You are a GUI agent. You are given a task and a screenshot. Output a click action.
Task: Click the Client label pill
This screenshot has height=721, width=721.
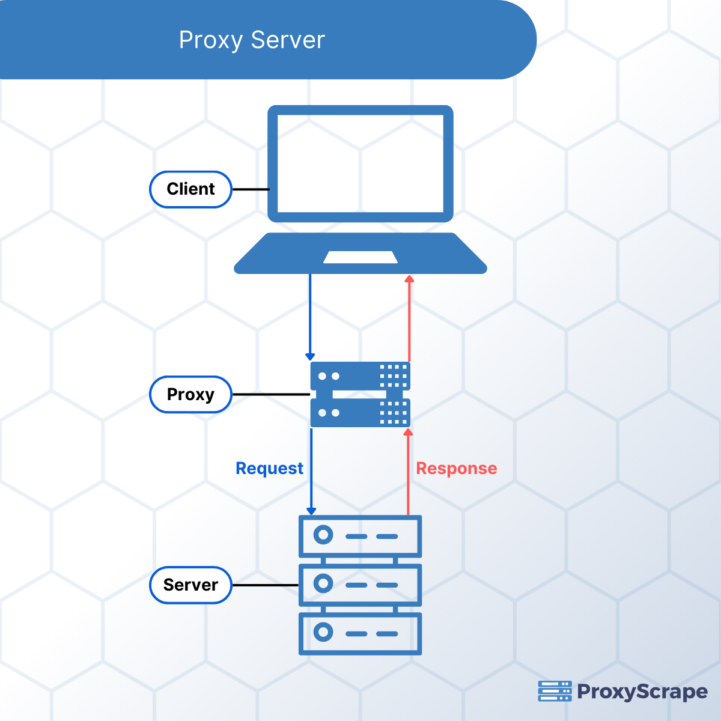[x=190, y=189]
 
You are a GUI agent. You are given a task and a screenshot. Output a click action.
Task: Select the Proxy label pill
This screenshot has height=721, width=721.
[x=190, y=395]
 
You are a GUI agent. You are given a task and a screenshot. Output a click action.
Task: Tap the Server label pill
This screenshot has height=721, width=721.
[x=190, y=585]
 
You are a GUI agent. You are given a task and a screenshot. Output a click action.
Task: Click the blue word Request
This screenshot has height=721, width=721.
[x=269, y=469]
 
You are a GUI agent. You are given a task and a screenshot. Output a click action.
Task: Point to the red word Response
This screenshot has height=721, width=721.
[x=457, y=469]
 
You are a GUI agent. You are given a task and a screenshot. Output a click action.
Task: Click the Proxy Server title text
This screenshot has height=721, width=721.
[x=252, y=40]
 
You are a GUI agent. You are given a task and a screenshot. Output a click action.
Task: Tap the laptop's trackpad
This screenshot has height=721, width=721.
[x=360, y=257]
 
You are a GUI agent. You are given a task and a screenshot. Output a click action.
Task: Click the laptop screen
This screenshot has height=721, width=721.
[x=360, y=163]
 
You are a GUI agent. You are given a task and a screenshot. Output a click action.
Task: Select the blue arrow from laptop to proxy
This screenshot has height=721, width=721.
[x=310, y=315]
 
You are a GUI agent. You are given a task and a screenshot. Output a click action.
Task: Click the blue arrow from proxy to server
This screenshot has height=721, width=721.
[x=311, y=472]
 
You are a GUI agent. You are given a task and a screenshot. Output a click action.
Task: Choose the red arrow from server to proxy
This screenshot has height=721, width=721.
[x=409, y=472]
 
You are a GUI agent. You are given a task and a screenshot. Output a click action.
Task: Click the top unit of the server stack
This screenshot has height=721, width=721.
[x=360, y=535]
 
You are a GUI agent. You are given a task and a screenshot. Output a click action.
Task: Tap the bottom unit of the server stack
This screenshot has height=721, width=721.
[x=360, y=633]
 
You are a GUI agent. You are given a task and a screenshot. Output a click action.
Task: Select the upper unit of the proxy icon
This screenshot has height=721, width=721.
[x=360, y=376]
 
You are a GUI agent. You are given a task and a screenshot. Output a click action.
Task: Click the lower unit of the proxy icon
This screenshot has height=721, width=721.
[x=360, y=413]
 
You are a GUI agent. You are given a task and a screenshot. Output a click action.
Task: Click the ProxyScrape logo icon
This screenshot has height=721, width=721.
[x=555, y=691]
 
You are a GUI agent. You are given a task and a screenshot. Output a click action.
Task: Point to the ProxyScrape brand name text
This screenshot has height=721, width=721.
[x=642, y=692]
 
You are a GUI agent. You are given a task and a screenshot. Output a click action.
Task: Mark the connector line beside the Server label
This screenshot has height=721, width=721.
[x=265, y=585]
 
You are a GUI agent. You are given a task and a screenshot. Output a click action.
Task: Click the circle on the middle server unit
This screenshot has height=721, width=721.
[x=323, y=583]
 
